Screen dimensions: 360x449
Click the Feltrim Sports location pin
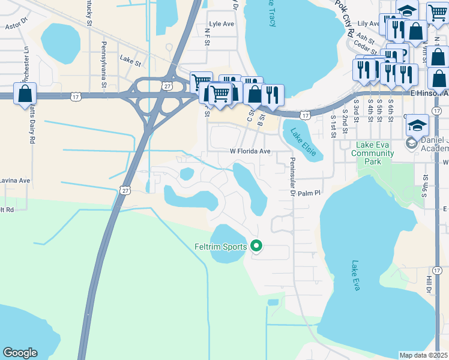click(x=256, y=246)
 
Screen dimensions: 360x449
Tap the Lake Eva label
click(x=356, y=275)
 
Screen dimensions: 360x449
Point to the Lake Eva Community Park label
click(x=373, y=153)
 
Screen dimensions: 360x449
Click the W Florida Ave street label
click(x=251, y=152)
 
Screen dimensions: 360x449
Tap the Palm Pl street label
click(x=310, y=193)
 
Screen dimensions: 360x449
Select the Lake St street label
click(x=130, y=59)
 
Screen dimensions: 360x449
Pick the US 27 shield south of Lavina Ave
click(x=124, y=190)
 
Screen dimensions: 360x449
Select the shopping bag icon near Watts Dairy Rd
click(x=25, y=94)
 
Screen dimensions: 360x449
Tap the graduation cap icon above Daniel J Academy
click(x=417, y=125)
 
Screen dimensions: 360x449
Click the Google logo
click(x=20, y=353)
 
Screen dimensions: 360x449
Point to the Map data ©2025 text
click(x=423, y=355)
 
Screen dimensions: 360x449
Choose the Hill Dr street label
click(x=429, y=281)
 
